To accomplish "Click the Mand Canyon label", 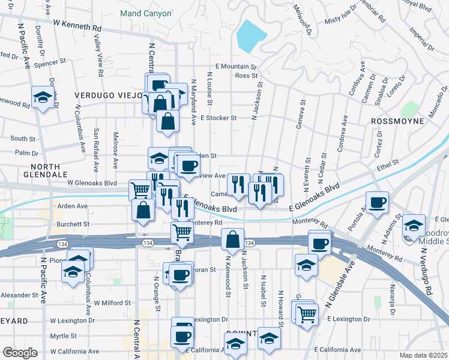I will coord(145,13).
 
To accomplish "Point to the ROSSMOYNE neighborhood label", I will coord(398,121).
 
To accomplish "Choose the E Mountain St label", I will coord(236,67).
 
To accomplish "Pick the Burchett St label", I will coord(73,224).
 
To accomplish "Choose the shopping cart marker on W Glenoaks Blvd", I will coord(140,190).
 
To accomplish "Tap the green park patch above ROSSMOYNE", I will coord(410,109).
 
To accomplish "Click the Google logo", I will coord(20,352).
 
